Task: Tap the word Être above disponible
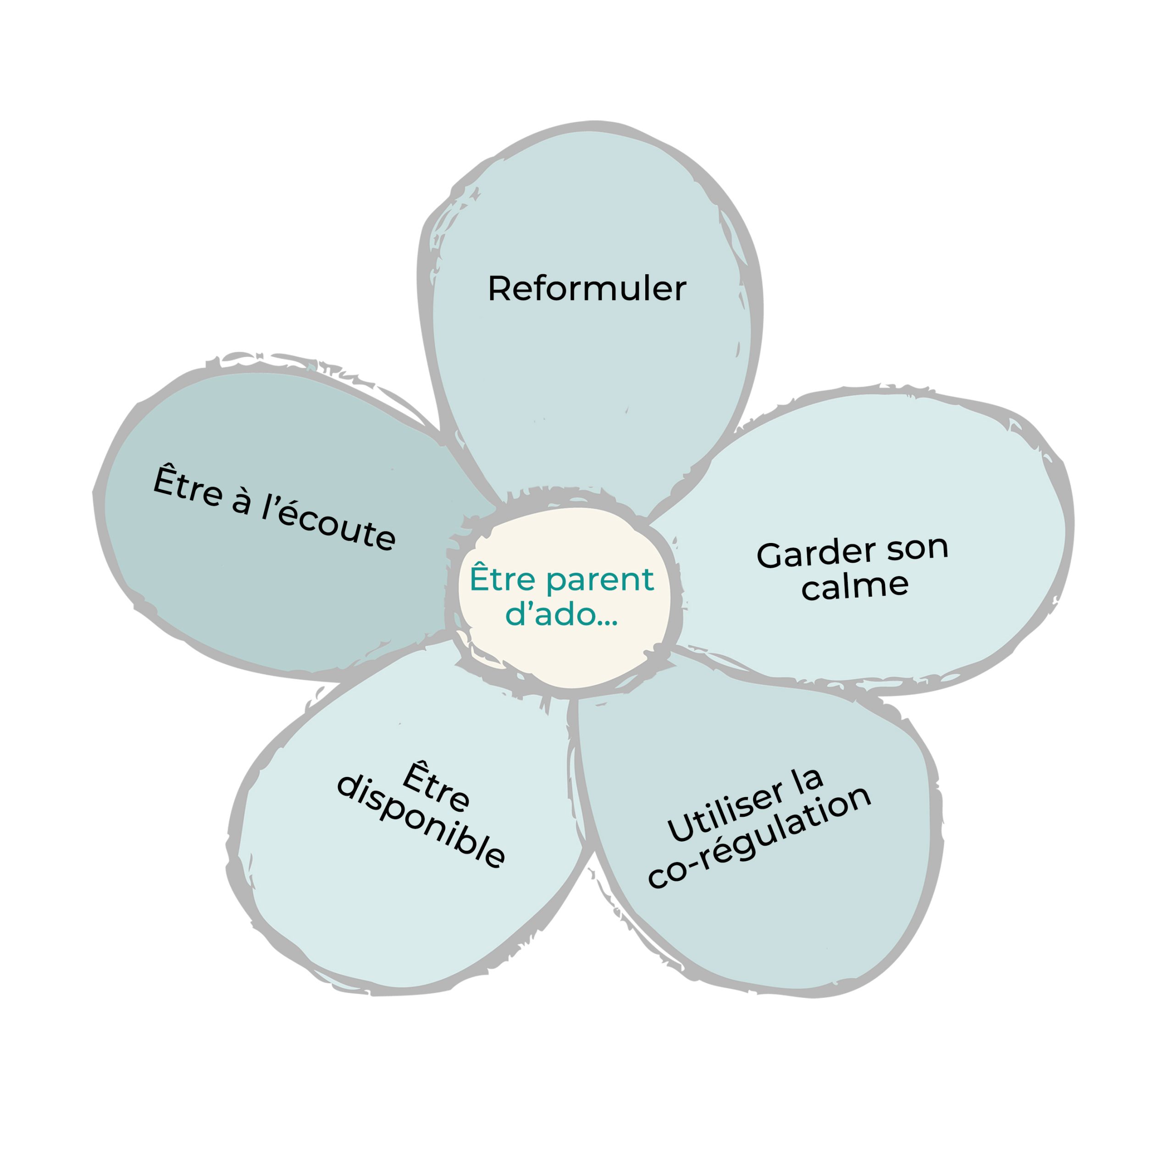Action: click(x=436, y=787)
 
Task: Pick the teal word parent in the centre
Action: click(x=600, y=580)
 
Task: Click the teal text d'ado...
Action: click(x=550, y=615)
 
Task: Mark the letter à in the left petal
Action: click(x=242, y=502)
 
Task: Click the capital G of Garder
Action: click(x=770, y=556)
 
